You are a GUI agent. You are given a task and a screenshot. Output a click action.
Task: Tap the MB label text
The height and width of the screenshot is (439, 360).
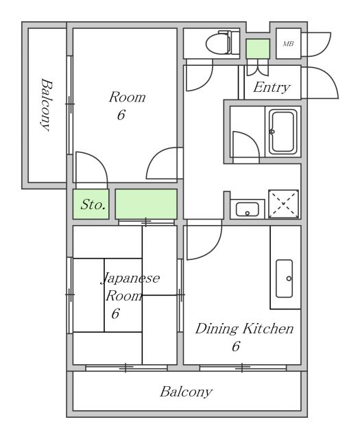[x=288, y=44]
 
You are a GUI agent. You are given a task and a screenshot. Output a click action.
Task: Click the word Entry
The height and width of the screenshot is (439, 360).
[x=272, y=87]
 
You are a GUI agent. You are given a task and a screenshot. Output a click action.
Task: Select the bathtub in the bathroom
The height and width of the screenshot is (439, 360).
[x=283, y=132]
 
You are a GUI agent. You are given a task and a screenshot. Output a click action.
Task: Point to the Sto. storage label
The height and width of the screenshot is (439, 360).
[x=93, y=204]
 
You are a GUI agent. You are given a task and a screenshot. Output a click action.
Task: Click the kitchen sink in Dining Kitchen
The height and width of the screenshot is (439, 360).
[x=284, y=278]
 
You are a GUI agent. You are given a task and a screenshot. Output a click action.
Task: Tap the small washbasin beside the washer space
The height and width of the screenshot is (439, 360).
[x=247, y=209]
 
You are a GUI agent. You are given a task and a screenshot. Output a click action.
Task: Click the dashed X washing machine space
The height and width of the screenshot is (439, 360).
[x=283, y=204]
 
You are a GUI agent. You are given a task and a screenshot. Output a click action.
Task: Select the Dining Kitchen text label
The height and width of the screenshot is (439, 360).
[x=244, y=329]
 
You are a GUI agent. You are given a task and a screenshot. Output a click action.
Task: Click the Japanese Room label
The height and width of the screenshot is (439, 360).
[x=130, y=287]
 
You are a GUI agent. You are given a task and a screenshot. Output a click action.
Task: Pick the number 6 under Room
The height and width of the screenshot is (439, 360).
[x=121, y=115]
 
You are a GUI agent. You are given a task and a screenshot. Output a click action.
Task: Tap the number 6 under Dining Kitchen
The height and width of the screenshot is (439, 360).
[x=236, y=346]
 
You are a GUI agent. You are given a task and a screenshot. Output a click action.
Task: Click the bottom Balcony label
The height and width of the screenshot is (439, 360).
[x=186, y=392]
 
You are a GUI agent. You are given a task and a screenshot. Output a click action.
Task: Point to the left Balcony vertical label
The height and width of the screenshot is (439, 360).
[x=46, y=105]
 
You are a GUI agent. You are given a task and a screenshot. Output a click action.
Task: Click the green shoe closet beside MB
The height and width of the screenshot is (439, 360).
[x=258, y=49]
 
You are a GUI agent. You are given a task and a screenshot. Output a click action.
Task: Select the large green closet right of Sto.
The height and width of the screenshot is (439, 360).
[x=146, y=204]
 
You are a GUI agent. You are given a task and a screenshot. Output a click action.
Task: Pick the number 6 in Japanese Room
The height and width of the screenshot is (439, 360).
[x=115, y=313]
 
